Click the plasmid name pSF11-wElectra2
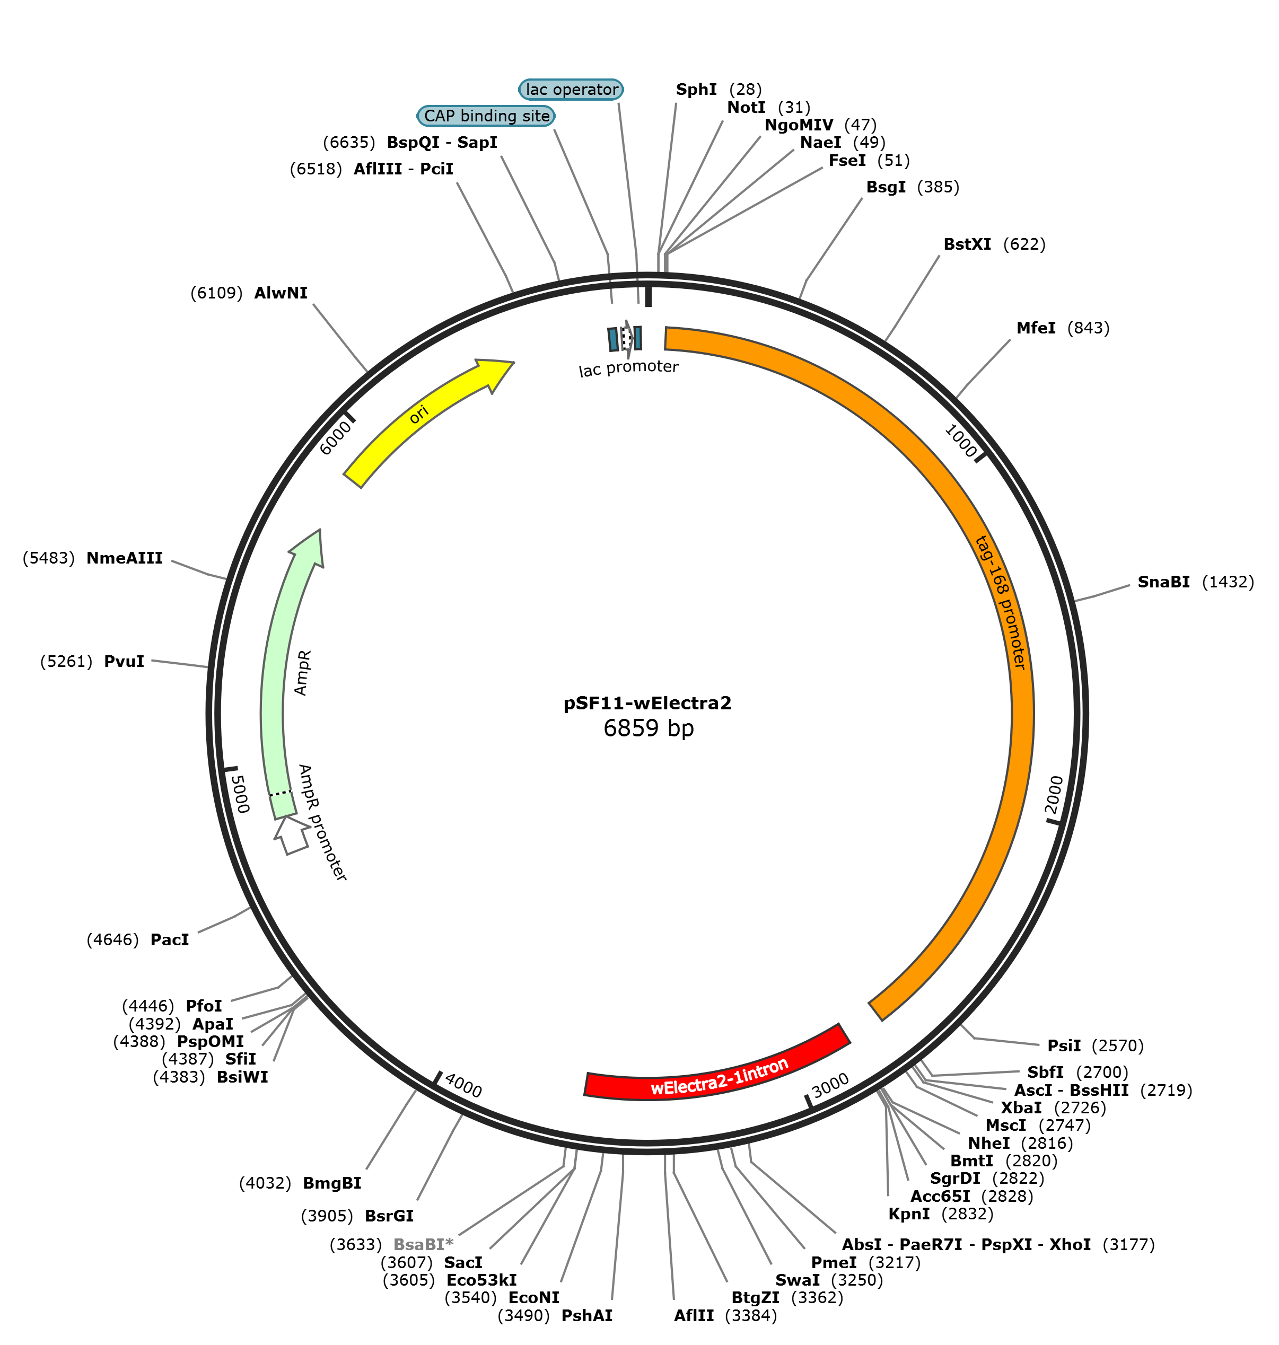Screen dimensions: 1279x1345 click(647, 703)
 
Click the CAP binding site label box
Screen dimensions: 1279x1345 click(486, 116)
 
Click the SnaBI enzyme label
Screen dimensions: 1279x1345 click(1163, 582)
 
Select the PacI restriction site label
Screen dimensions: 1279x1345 click(170, 939)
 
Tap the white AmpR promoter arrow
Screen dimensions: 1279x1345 click(291, 834)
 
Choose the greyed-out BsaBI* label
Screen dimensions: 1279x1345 click(423, 1245)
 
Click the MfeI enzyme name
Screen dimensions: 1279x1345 click(1036, 328)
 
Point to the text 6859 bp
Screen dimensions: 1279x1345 click(649, 728)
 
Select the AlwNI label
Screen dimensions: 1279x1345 click(281, 293)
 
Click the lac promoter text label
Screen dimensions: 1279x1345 click(628, 368)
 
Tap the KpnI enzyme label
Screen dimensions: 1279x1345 click(909, 1214)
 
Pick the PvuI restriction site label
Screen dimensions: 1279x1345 click(124, 661)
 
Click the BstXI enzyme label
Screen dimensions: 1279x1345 click(967, 244)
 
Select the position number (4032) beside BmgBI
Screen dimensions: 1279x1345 click(265, 1183)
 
